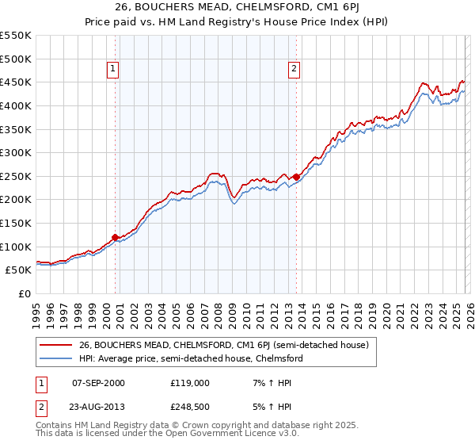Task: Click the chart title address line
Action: pos(237,9)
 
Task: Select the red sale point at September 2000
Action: pos(116,237)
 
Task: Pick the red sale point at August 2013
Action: pos(296,177)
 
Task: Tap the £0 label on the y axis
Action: pos(25,293)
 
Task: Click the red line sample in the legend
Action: pos(57,345)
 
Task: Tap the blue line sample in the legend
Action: pos(57,358)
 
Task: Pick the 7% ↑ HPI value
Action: pos(271,383)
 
